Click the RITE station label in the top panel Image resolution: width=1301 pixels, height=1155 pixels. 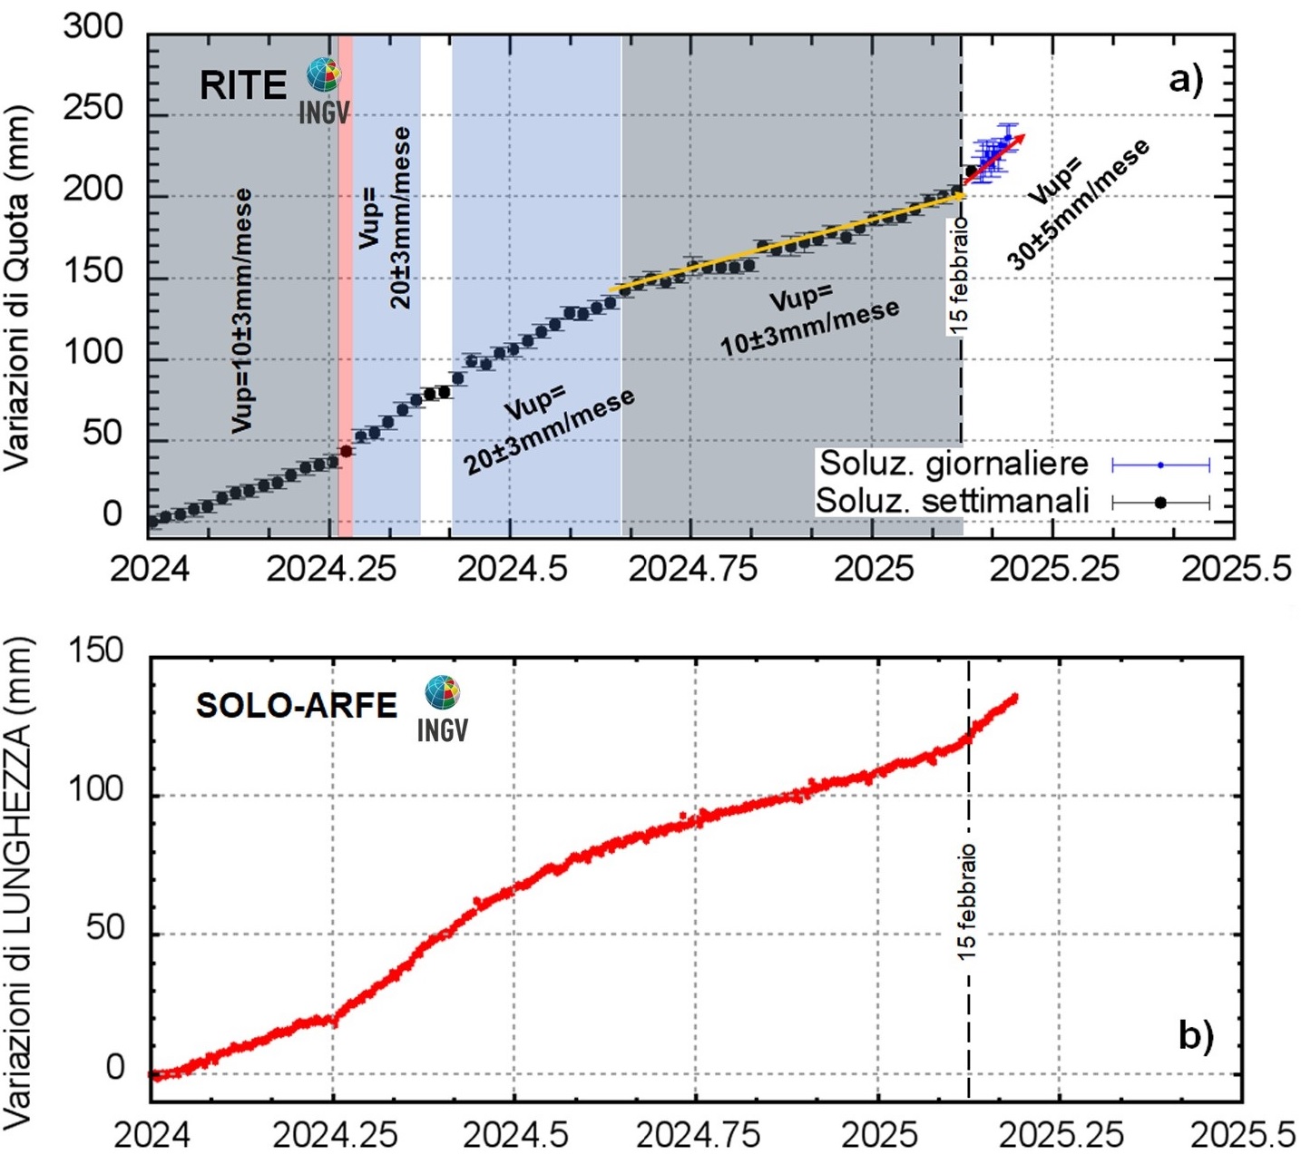242,85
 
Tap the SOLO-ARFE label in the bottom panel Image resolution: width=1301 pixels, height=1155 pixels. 297,705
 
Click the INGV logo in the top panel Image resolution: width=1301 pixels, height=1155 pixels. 324,89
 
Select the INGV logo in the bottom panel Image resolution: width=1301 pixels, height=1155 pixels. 443,708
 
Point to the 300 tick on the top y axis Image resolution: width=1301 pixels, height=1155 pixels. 93,26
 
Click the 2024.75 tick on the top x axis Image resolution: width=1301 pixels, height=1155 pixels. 692,569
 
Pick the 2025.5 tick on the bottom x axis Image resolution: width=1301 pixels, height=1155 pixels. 1242,1134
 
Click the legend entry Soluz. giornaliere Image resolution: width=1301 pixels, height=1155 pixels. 954,464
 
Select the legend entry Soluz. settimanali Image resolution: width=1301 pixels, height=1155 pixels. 952,501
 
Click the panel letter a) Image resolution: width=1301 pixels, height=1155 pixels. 1186,80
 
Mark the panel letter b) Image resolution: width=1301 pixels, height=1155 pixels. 1196,1035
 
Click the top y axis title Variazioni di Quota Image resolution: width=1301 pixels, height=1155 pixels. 17,288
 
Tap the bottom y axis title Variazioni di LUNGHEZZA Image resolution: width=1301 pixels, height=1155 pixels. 17,882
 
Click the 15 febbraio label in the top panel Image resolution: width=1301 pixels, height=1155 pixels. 959,275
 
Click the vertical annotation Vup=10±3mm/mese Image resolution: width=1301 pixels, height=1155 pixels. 241,310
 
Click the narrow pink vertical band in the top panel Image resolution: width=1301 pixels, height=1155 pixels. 346,272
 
